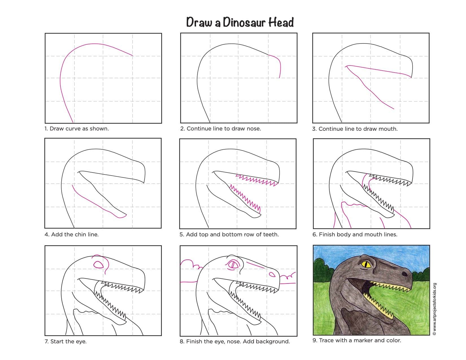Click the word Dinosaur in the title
point(244,22)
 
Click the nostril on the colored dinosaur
point(405,274)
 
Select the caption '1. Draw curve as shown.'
point(77,129)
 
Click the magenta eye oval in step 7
point(99,265)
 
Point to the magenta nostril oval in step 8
point(272,274)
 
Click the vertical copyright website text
point(435,309)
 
